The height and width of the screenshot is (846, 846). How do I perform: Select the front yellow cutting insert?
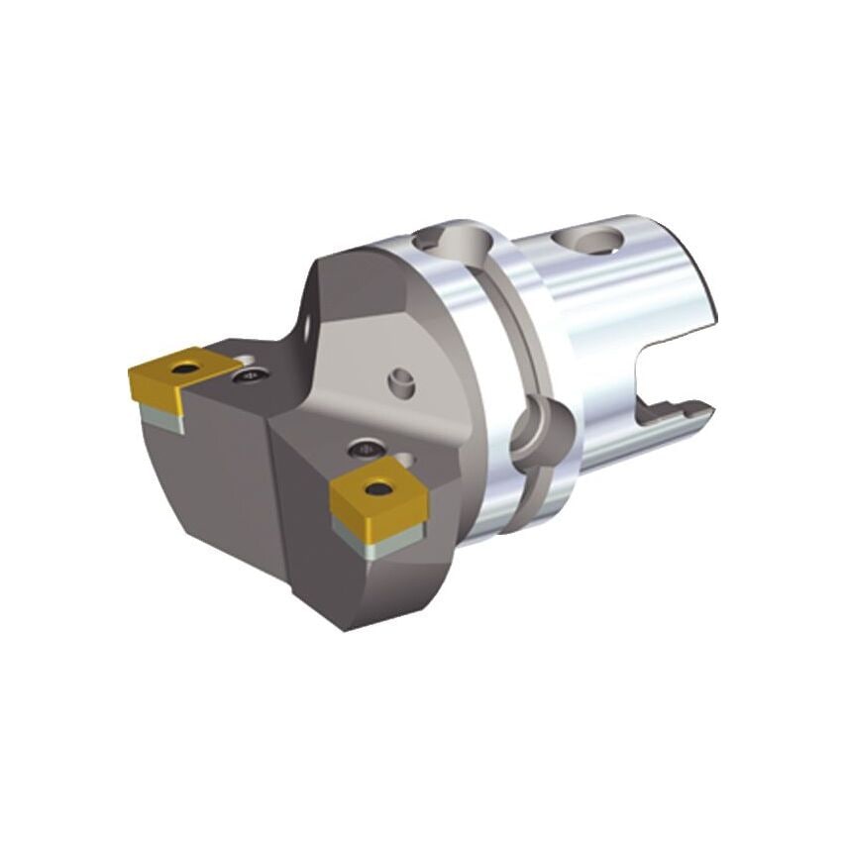(x=377, y=495)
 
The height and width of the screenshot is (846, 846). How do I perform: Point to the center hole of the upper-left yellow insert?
(x=181, y=369)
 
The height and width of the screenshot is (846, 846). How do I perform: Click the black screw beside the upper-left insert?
(x=251, y=374)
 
